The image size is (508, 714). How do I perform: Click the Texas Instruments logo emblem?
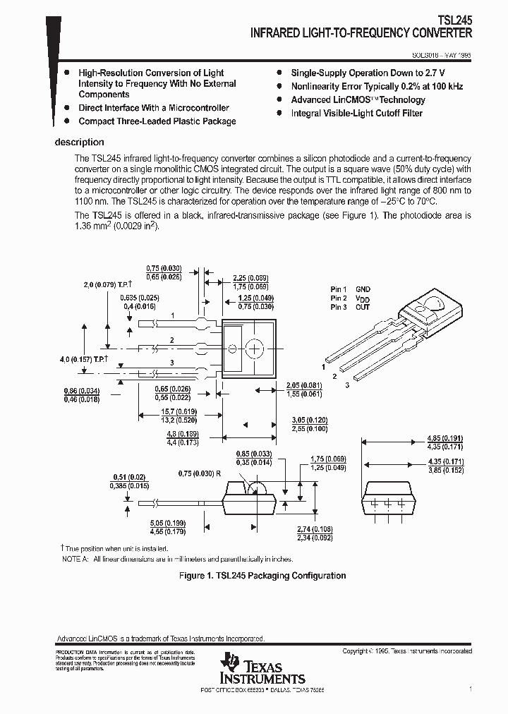[x=229, y=662]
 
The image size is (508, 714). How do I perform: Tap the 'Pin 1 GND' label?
[x=350, y=289]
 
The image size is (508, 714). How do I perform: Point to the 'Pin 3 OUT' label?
[x=350, y=307]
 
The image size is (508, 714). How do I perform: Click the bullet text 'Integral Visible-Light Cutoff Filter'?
[x=357, y=113]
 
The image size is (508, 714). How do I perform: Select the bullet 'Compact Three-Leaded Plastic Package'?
[x=157, y=121]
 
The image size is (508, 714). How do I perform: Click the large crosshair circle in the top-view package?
[x=255, y=349]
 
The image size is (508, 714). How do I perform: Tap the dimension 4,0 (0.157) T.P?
[x=83, y=360]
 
